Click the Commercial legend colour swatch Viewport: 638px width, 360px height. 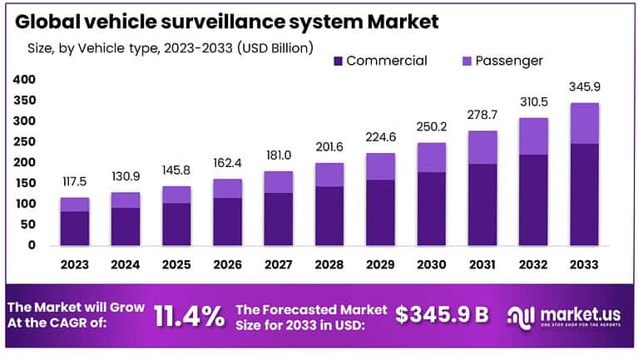coord(339,61)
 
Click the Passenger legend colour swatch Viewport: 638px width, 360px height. coord(466,61)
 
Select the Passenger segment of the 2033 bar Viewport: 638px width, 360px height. coord(584,123)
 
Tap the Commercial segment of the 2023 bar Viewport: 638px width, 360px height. coord(75,228)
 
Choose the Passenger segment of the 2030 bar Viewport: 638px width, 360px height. coord(431,157)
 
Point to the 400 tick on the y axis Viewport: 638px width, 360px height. coord(25,80)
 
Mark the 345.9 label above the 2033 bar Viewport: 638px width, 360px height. coord(584,86)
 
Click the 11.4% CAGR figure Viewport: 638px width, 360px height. coord(189,315)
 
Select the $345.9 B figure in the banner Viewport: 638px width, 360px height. coord(441,315)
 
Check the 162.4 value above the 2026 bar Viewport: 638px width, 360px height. coord(227,165)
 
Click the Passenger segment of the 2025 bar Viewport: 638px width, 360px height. coord(176,194)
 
